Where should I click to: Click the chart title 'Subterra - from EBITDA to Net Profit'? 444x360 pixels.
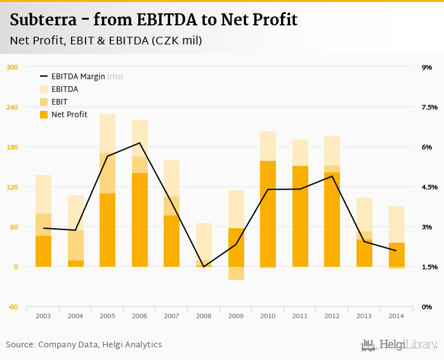point(153,20)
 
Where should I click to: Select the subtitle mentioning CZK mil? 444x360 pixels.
point(106,41)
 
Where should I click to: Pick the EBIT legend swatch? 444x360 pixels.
point(44,102)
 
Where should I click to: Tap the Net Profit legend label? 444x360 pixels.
point(69,115)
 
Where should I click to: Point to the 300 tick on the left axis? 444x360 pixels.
point(13,67)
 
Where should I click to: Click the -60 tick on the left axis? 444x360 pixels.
point(13,307)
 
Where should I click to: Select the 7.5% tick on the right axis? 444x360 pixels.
point(429,107)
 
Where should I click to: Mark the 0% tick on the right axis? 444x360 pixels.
point(427,307)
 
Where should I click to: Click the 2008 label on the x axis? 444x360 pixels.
point(204,316)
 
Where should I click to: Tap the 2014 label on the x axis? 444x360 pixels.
point(396,316)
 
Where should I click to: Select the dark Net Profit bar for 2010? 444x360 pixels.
point(268,214)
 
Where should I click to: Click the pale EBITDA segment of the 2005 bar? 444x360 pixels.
point(107,133)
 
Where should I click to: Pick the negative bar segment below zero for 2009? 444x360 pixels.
point(236,273)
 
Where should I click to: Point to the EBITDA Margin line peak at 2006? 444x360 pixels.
point(140,143)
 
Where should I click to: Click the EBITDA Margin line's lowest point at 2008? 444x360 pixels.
point(204,266)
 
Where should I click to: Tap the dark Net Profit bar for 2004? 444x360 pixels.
point(75,264)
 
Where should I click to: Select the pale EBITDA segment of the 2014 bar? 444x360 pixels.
point(396,224)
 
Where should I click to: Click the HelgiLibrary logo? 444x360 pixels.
point(399,345)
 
